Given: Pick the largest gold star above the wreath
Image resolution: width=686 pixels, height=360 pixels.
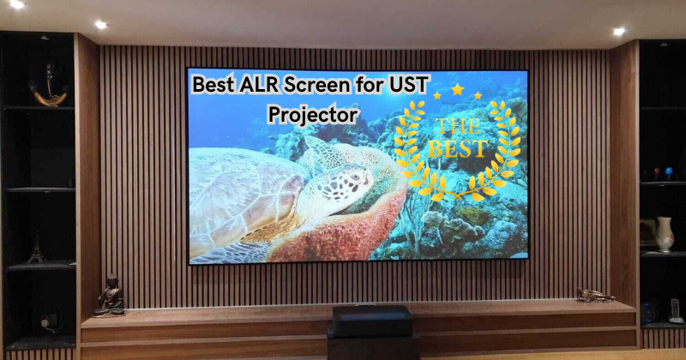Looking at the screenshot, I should pyautogui.click(x=457, y=89).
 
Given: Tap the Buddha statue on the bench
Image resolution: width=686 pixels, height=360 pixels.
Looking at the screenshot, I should pyautogui.click(x=109, y=296).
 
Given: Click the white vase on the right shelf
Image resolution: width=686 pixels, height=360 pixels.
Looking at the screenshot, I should pyautogui.click(x=665, y=234).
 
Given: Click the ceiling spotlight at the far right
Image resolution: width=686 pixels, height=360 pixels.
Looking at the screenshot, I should pyautogui.click(x=619, y=31).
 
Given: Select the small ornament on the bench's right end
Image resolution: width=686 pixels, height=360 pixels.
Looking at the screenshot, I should pyautogui.click(x=594, y=295).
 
